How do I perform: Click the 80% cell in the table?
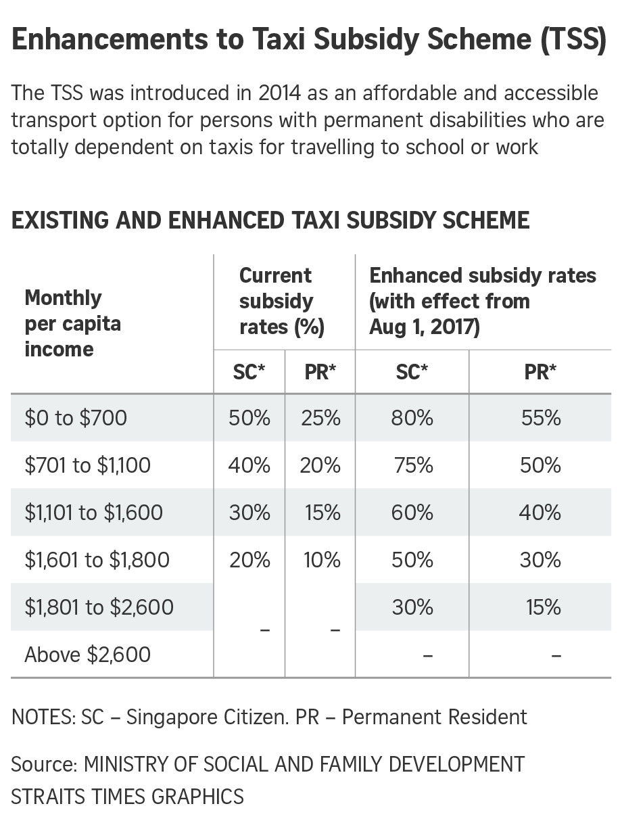tap(412, 418)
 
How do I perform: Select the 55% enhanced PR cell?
tap(541, 418)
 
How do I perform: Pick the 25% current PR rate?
tap(320, 418)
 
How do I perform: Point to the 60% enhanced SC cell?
tap(412, 513)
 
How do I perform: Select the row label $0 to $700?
tap(76, 418)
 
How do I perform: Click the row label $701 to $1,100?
tap(88, 465)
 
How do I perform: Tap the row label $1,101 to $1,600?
tap(94, 513)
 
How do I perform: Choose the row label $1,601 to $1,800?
tap(97, 560)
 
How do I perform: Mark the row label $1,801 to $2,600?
tap(99, 607)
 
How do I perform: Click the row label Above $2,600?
tap(88, 655)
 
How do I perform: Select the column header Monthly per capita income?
tap(72, 323)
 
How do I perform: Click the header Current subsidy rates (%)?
tap(281, 302)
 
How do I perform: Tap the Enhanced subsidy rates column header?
tap(482, 302)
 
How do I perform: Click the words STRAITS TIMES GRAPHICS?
tap(127, 796)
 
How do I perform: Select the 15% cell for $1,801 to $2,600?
tap(544, 607)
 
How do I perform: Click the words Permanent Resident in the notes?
tap(435, 717)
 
